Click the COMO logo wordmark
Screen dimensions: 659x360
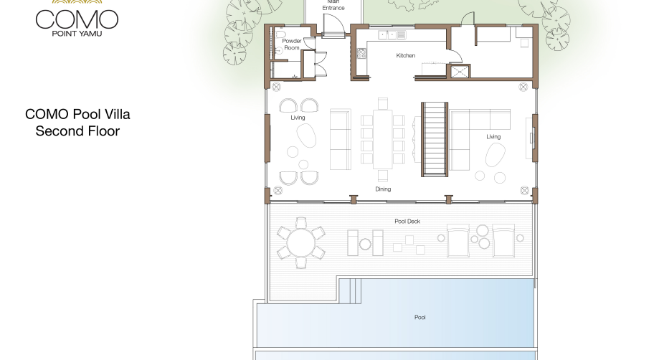point(77,19)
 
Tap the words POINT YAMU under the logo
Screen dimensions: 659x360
point(77,34)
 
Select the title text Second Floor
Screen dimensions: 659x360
point(77,131)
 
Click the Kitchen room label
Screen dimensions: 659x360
point(406,55)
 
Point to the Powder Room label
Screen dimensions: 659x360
point(292,44)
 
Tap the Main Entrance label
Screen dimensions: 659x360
point(333,5)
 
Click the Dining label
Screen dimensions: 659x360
point(383,189)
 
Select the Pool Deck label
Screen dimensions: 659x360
point(407,222)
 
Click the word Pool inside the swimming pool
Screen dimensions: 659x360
point(420,317)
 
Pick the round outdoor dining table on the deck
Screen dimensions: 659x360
point(301,243)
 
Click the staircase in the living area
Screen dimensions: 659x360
point(435,139)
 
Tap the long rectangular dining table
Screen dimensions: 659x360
point(382,139)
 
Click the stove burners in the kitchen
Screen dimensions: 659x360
point(361,53)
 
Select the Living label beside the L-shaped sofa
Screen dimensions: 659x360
point(493,136)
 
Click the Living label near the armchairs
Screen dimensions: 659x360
point(298,118)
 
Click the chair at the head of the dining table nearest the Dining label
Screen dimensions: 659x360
point(382,176)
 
